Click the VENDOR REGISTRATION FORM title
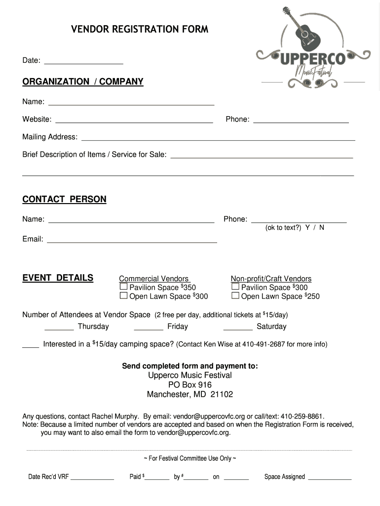tap(140, 30)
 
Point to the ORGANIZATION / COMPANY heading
tap(82, 82)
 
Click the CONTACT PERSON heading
tap(64, 200)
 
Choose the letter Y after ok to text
tap(307, 228)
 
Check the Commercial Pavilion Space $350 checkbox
tap(123, 287)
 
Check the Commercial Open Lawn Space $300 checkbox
tap(123, 296)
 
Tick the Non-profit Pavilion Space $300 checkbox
tap(235, 287)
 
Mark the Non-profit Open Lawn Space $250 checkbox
tap(235, 296)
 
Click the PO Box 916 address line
tap(190, 385)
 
